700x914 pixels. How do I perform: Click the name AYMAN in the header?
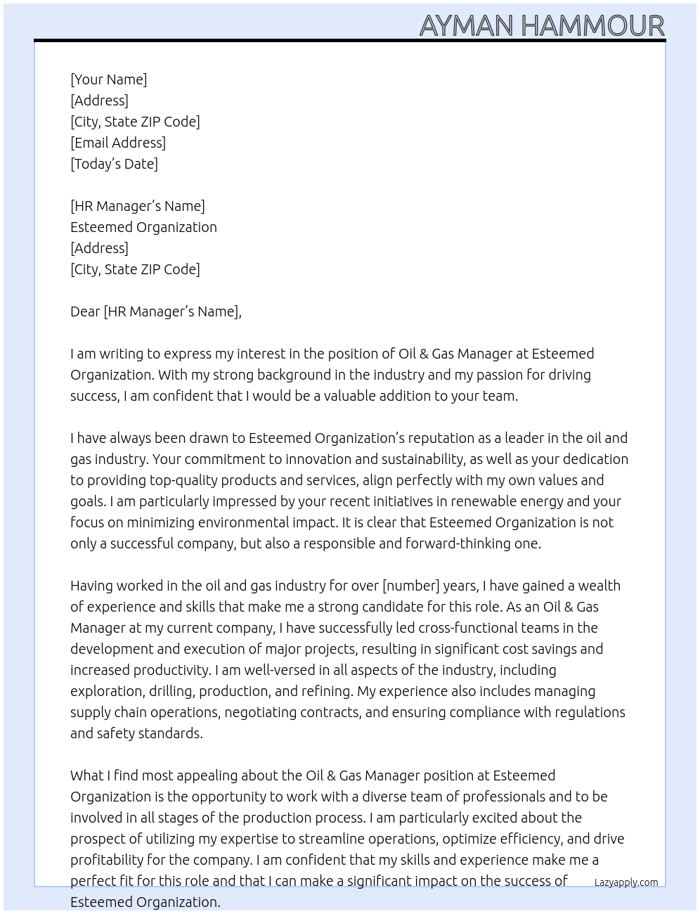(x=467, y=26)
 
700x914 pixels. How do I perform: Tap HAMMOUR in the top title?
(x=592, y=26)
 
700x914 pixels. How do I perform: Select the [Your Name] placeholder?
(x=108, y=79)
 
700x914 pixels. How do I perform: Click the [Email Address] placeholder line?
(x=118, y=143)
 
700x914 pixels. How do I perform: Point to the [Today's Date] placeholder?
(x=114, y=164)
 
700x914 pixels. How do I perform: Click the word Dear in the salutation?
(x=85, y=311)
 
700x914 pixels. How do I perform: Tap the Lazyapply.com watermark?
(x=626, y=882)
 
